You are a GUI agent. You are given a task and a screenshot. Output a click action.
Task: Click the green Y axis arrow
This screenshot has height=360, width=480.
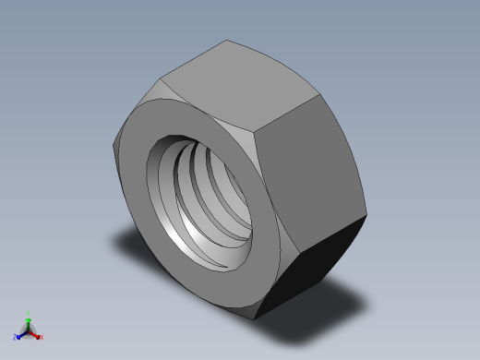pyautogui.click(x=28, y=319)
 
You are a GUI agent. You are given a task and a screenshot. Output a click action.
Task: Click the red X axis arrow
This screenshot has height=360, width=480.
pyautogui.click(x=36, y=334)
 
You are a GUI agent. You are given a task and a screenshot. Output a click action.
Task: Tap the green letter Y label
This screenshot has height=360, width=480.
pyautogui.click(x=28, y=313)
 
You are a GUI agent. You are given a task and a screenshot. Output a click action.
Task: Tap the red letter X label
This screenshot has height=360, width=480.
pyautogui.click(x=42, y=338)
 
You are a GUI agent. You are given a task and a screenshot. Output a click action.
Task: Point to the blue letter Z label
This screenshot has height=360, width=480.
pyautogui.click(x=16, y=338)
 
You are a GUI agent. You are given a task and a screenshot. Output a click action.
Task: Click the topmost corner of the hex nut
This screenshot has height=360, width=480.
pyautogui.click(x=227, y=40)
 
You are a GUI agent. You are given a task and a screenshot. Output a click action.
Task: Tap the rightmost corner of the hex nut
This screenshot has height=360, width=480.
pyautogui.click(x=366, y=217)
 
